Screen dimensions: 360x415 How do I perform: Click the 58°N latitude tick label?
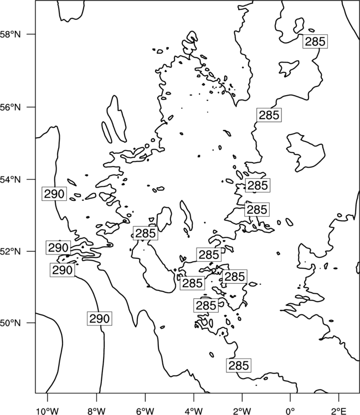click(10, 34)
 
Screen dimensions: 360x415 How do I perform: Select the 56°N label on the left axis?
click(10, 107)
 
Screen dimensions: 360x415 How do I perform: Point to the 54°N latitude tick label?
click(10, 180)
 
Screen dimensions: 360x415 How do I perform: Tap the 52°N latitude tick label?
click(10, 251)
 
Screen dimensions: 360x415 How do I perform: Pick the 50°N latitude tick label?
click(10, 323)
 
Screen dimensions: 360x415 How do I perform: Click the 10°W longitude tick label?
click(48, 411)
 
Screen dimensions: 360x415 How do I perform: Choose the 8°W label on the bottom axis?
click(96, 411)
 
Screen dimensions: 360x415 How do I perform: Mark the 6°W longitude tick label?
click(145, 411)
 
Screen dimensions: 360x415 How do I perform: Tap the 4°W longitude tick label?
click(194, 411)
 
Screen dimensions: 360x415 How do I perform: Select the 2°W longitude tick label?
click(242, 411)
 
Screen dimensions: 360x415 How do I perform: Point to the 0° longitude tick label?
click(291, 411)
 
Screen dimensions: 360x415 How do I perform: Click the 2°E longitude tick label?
click(339, 411)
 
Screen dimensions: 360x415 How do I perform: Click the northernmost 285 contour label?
click(315, 41)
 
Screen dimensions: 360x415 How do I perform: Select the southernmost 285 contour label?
click(239, 366)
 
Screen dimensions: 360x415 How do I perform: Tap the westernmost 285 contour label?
click(146, 233)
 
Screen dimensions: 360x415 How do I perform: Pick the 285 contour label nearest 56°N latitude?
click(269, 115)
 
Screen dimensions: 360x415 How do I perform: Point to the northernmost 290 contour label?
click(54, 194)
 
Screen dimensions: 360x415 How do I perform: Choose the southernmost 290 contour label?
click(99, 318)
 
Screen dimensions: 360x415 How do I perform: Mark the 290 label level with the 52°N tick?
click(58, 247)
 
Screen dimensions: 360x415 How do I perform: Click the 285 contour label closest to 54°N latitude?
click(258, 185)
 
